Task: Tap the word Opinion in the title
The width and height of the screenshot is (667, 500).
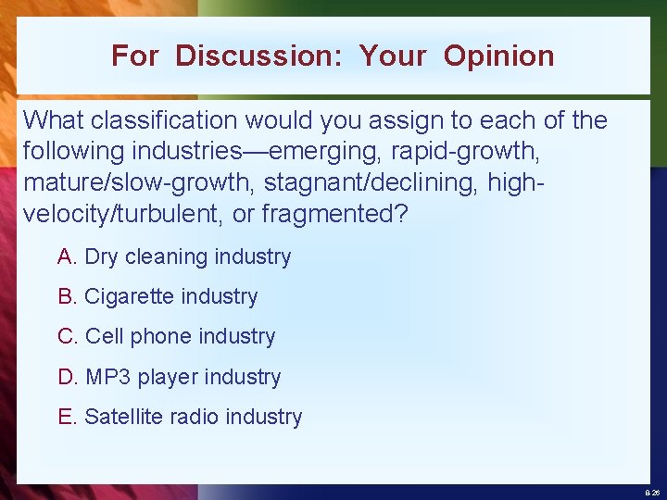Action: click(x=498, y=56)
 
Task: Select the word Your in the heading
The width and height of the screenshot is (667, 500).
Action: click(x=393, y=56)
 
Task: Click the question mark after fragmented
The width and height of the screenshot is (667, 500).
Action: click(x=401, y=214)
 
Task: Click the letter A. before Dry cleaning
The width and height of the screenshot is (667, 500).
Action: click(x=68, y=257)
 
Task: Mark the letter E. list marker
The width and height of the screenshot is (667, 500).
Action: click(x=68, y=418)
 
